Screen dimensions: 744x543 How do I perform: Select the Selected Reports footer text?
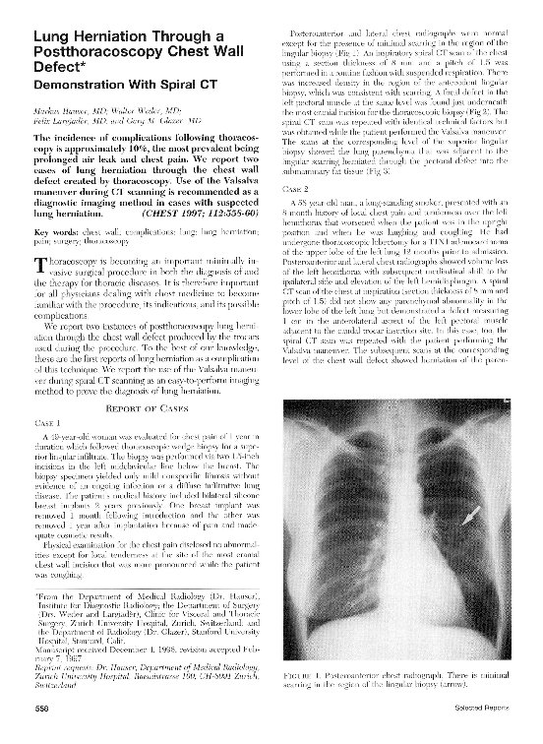click(490, 733)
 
